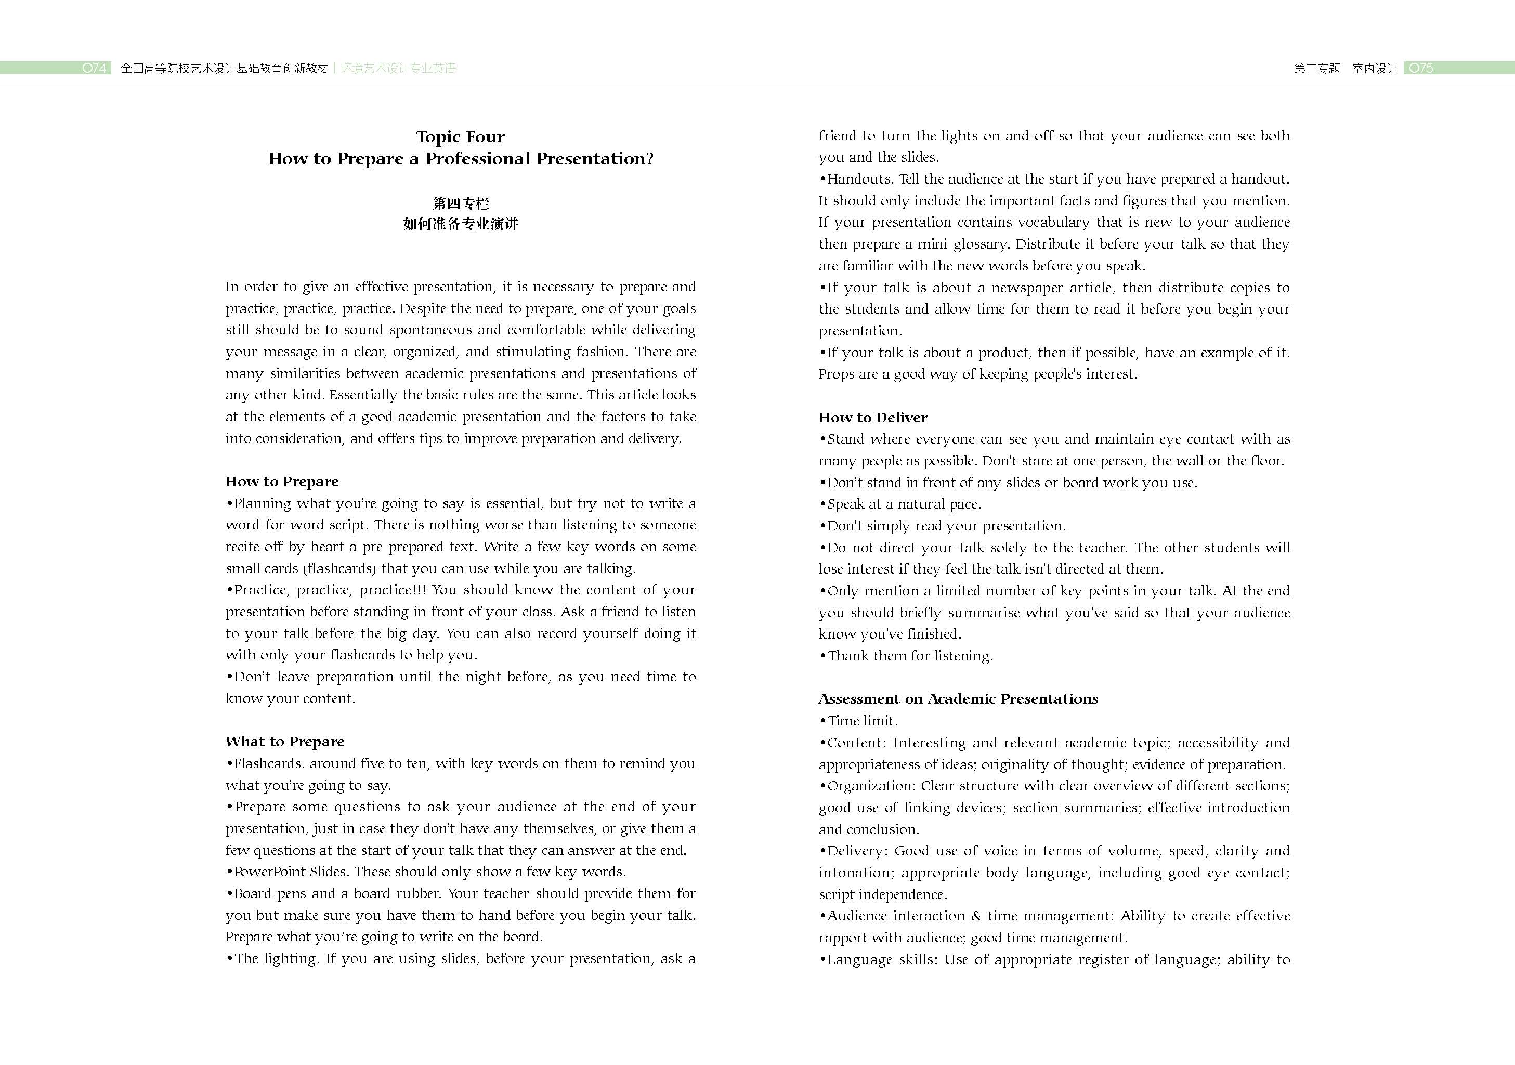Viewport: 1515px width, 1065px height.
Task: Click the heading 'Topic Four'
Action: click(460, 137)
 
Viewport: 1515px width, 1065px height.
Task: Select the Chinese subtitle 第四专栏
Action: click(461, 203)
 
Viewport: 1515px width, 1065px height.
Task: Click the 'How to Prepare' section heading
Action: click(282, 482)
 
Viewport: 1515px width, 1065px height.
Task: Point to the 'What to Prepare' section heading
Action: click(284, 742)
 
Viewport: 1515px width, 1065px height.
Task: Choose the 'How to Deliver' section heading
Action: click(872, 418)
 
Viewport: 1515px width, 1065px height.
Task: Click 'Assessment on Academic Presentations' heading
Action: click(958, 699)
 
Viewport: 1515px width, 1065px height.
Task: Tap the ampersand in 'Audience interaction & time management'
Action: click(976, 916)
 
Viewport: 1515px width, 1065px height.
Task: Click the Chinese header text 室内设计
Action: click(1375, 69)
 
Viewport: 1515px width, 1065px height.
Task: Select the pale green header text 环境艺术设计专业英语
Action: click(398, 69)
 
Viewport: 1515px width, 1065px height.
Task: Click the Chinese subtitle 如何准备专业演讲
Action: click(461, 224)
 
